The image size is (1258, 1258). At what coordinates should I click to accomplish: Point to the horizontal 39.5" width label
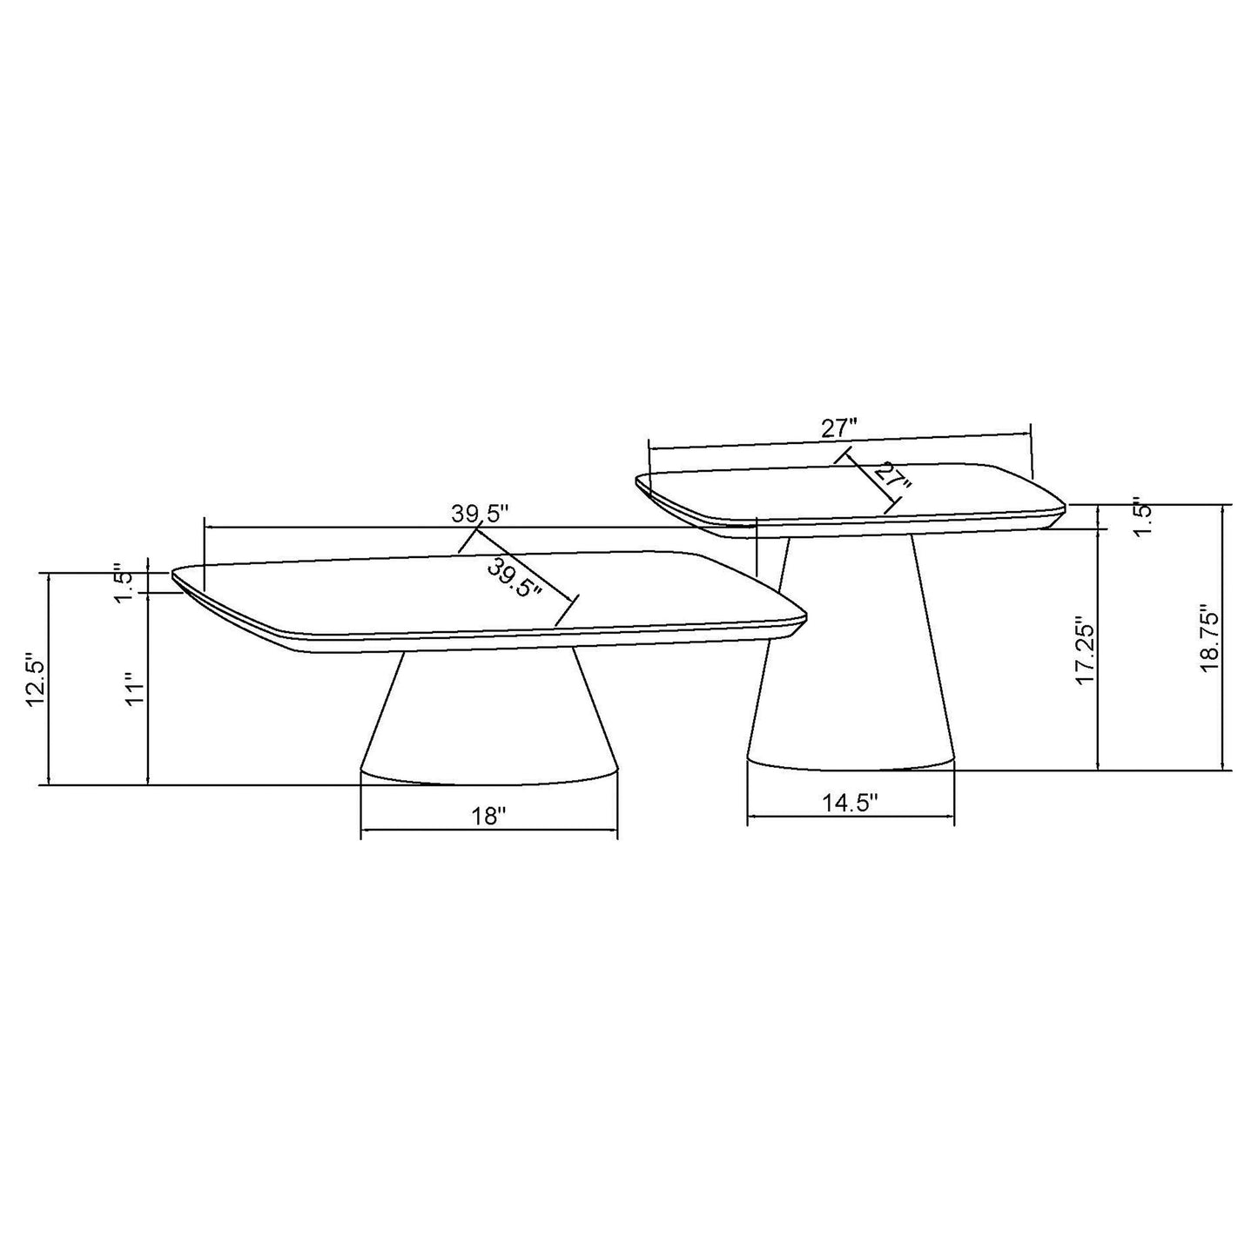pos(479,514)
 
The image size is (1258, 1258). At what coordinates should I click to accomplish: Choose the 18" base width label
pos(488,816)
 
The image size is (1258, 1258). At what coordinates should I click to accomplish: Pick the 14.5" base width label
pos(851,802)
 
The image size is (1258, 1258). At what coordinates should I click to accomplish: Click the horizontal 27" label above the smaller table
pos(840,428)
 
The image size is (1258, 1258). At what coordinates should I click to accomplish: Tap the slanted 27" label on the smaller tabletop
pos(891,480)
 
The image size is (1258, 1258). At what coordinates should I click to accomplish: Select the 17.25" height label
pos(1084,652)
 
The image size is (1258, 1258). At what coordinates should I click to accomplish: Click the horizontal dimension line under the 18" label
pos(488,830)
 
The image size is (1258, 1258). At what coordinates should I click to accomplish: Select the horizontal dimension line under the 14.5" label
pos(851,817)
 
